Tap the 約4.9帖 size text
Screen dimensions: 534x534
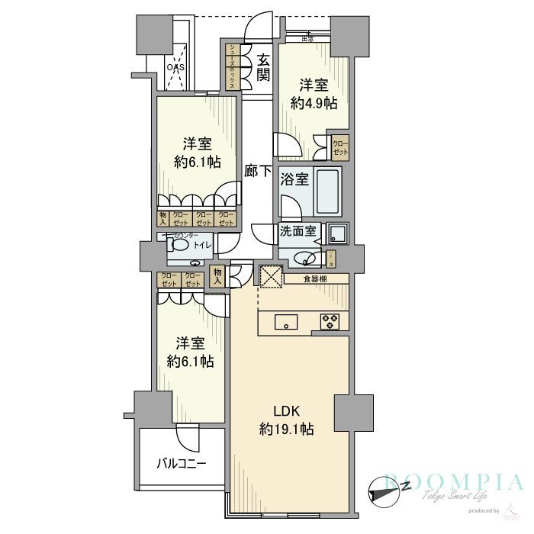click(318, 104)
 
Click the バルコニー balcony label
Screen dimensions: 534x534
click(181, 462)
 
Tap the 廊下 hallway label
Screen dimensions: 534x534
click(258, 172)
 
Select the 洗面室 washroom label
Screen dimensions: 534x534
click(298, 231)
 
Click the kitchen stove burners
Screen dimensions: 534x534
click(330, 321)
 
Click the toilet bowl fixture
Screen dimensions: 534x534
click(179, 245)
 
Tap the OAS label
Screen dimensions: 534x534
click(177, 66)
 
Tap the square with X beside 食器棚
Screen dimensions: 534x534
click(272, 276)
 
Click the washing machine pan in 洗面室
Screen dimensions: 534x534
click(336, 233)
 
